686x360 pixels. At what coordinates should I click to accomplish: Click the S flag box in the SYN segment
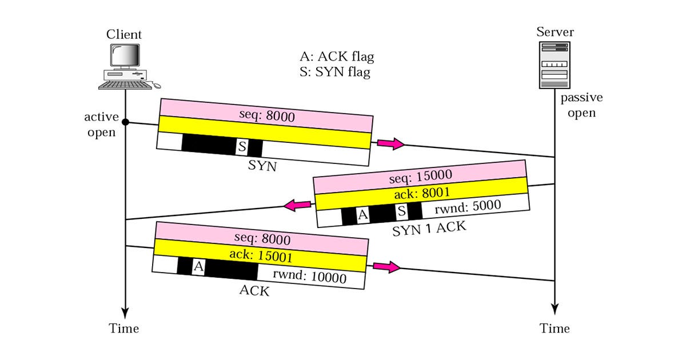pyautogui.click(x=242, y=147)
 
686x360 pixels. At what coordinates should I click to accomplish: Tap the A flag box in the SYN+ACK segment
pyautogui.click(x=362, y=215)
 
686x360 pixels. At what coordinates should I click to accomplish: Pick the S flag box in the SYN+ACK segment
pyautogui.click(x=402, y=212)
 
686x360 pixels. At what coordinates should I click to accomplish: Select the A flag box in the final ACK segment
pyautogui.click(x=198, y=266)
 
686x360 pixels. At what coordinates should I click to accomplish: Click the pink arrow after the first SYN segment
pyautogui.click(x=389, y=144)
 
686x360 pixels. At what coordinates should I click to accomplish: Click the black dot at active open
pyautogui.click(x=125, y=122)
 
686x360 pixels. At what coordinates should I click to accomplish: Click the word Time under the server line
pyautogui.click(x=555, y=329)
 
